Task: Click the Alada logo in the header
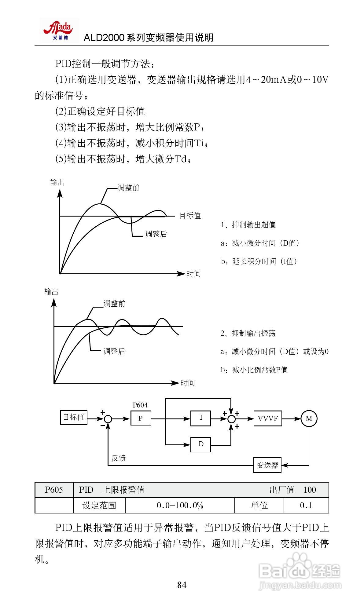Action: [x=59, y=30]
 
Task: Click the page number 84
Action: [x=182, y=585]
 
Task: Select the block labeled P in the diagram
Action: [x=141, y=418]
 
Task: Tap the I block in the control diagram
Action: [x=200, y=418]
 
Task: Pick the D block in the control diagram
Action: [x=200, y=444]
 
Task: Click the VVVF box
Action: [x=268, y=418]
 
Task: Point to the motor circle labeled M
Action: [x=309, y=418]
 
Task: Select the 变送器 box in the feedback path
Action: [x=267, y=465]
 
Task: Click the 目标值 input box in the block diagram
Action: [x=74, y=417]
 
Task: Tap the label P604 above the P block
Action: [x=140, y=405]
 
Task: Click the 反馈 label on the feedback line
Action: [x=119, y=458]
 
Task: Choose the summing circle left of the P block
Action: [x=108, y=419]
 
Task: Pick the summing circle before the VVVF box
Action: [x=232, y=419]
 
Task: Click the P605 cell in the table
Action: [x=54, y=490]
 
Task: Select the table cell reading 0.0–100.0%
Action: [x=180, y=505]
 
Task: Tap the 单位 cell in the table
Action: [x=259, y=505]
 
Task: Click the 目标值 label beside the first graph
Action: [x=190, y=216]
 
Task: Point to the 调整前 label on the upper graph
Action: [x=129, y=188]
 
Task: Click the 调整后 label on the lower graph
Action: [x=114, y=351]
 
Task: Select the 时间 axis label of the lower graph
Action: [x=187, y=383]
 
